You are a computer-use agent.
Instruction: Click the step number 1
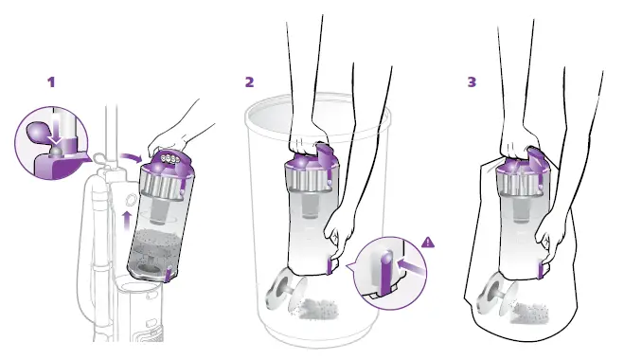pos(52,81)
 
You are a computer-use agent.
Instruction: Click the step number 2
pos(249,81)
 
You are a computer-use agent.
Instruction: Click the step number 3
pos(472,81)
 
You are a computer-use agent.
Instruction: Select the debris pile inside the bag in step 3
pos(536,309)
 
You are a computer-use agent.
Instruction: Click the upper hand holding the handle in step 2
pos(308,134)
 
